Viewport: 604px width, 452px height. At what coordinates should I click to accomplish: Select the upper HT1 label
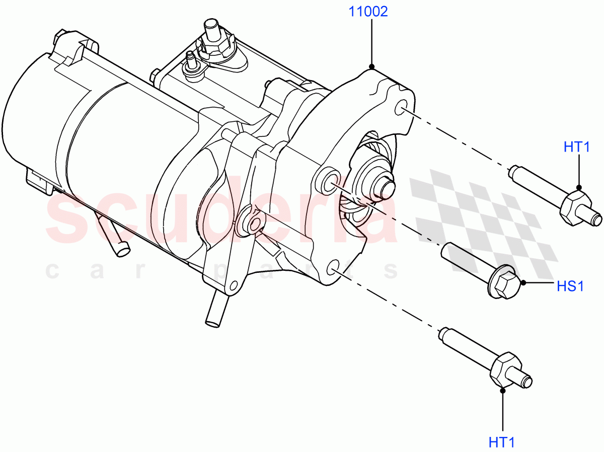pyautogui.click(x=576, y=147)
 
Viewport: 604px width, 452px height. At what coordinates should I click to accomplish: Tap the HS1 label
pyautogui.click(x=570, y=286)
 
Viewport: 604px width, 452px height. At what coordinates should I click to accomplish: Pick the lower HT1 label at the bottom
pyautogui.click(x=502, y=442)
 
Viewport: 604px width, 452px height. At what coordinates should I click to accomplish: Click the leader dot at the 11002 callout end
pyautogui.click(x=371, y=66)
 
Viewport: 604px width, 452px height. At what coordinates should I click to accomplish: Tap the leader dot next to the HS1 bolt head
pyautogui.click(x=523, y=283)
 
